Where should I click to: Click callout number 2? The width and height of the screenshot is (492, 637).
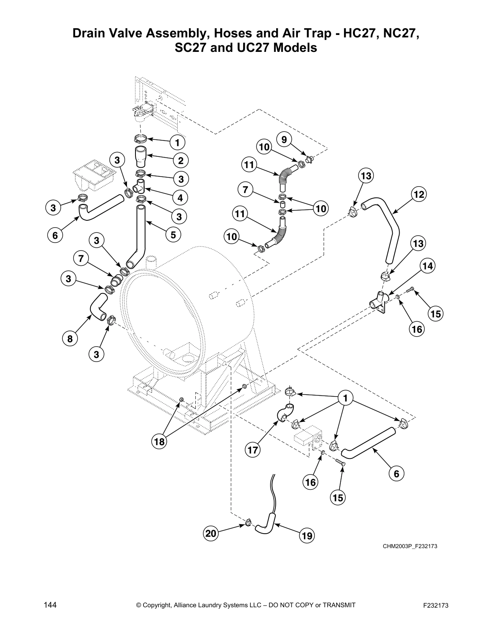point(181,161)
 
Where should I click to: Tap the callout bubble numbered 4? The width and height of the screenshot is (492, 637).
point(180,198)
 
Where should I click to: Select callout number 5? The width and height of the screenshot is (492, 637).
point(173,235)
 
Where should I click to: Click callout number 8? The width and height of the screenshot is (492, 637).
point(70,339)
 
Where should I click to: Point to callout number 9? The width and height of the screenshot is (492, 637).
point(284,140)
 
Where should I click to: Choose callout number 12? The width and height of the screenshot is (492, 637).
point(418,195)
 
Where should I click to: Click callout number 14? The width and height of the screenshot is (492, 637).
point(428,266)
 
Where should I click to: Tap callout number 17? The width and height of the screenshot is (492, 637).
point(252,450)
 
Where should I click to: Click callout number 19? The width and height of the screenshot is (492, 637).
point(307,536)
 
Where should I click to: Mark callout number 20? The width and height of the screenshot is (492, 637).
point(211,534)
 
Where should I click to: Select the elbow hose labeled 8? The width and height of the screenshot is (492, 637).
point(96,306)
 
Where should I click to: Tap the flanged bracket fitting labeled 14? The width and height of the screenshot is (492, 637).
point(379,302)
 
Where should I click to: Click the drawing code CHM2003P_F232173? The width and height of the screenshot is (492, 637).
point(410,546)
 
